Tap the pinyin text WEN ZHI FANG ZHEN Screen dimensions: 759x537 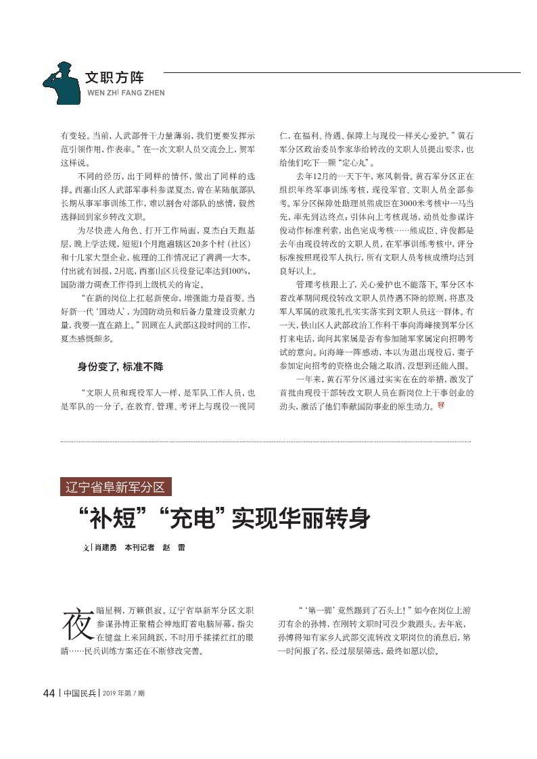click(x=126, y=93)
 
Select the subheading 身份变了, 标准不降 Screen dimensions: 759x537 click(x=120, y=367)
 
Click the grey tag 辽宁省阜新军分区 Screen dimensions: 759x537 click(x=115, y=487)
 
